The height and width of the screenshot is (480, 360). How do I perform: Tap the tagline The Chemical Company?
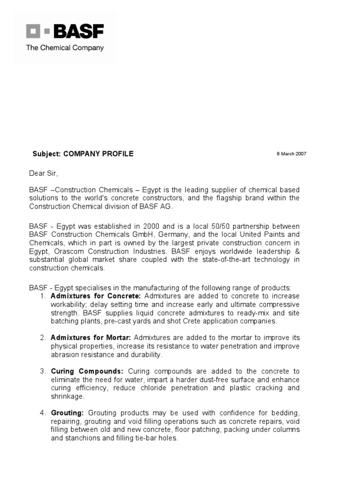[x=65, y=47]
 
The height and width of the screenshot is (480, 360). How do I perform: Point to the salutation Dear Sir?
[x=44, y=173]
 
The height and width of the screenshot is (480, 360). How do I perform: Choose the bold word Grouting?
[x=67, y=412]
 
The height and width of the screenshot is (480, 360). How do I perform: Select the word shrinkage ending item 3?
[x=67, y=396]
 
